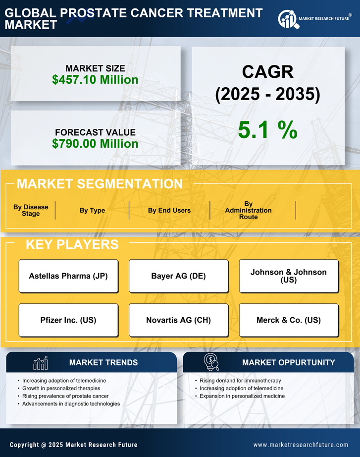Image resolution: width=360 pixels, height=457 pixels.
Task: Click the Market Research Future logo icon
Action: [287, 19]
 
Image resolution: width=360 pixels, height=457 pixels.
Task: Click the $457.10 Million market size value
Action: [95, 79]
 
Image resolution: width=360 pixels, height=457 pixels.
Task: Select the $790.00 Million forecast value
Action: [95, 144]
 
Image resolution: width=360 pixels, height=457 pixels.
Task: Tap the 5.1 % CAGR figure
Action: [267, 130]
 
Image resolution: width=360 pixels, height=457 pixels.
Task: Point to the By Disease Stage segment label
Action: [31, 210]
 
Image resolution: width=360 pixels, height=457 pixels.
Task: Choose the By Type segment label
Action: [92, 210]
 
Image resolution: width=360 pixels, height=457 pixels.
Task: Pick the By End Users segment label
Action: [169, 210]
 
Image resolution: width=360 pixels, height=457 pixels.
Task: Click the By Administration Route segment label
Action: [248, 210]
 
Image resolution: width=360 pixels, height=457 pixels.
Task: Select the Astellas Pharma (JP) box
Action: [68, 276]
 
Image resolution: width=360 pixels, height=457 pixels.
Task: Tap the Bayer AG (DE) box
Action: [178, 276]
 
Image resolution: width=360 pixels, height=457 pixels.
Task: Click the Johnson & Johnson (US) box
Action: [289, 276]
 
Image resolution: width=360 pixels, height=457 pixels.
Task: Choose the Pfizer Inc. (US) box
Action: [68, 320]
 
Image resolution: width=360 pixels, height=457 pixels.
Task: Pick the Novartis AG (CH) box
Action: [178, 320]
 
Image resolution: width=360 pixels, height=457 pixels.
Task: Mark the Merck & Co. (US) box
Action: [289, 320]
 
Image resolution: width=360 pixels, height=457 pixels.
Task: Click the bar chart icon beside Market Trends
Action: [40, 363]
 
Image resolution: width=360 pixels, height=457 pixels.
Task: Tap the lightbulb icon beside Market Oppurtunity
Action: [211, 362]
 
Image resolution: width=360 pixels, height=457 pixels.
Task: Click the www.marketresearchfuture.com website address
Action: [301, 445]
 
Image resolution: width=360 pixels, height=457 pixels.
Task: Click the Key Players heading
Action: [72, 244]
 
